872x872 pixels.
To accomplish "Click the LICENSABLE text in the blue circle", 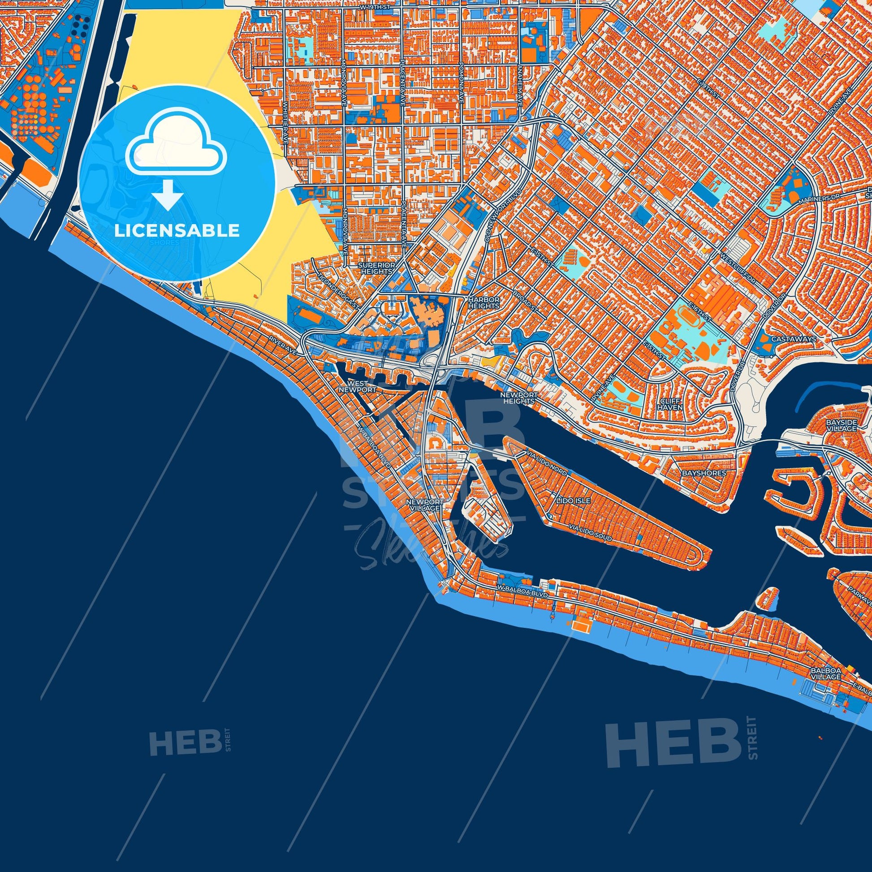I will (x=177, y=231).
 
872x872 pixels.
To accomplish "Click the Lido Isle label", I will (x=566, y=501).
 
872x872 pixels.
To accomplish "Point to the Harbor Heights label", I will (x=484, y=302).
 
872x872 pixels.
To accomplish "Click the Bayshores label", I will (x=704, y=473).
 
